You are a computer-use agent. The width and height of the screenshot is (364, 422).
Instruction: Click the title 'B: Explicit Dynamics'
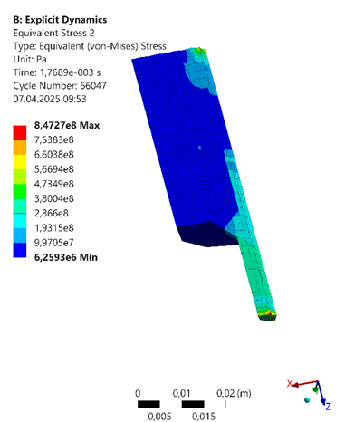(60, 20)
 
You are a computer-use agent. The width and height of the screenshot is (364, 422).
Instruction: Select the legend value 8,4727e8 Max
(67, 125)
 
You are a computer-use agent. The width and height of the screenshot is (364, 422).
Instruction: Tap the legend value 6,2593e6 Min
(66, 257)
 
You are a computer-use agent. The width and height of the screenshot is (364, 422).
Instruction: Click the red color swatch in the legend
(20, 133)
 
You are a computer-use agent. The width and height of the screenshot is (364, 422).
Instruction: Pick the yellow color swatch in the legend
(20, 162)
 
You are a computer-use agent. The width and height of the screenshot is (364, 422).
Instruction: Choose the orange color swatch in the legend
(20, 148)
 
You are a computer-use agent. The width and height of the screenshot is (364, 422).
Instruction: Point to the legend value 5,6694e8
(54, 169)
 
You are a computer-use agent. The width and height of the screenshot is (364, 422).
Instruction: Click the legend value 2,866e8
(52, 214)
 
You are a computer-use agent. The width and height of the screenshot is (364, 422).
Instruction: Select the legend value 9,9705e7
(54, 243)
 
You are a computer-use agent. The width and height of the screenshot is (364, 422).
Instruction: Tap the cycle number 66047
(93, 86)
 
